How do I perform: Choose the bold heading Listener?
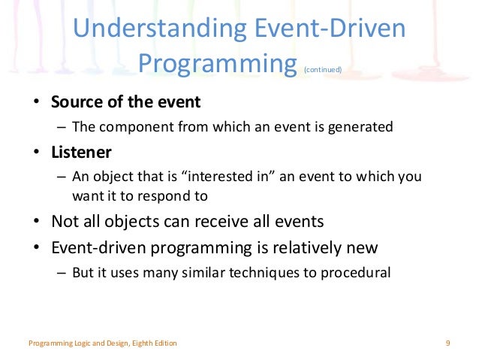coord(81,153)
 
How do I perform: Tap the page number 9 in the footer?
coord(447,343)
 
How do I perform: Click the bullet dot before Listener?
coord(36,153)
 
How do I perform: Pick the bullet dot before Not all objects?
coord(36,222)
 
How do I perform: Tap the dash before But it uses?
coord(62,273)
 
